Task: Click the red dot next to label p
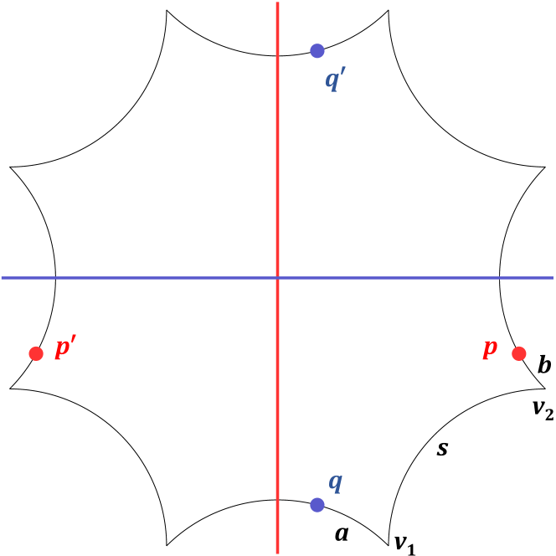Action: [x=518, y=353]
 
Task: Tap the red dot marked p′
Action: [x=36, y=353]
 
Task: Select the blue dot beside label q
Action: [x=317, y=504]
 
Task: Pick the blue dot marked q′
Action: [x=317, y=50]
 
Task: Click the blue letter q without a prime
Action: [x=335, y=482]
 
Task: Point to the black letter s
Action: [x=443, y=449]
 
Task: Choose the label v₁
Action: [x=405, y=544]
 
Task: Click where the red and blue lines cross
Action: [x=278, y=277]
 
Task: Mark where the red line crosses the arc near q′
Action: [x=278, y=55]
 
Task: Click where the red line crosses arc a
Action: [x=278, y=500]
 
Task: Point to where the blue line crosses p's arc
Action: [x=500, y=277]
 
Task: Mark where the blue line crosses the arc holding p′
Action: [x=55, y=277]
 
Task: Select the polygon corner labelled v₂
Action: [x=545, y=389]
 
